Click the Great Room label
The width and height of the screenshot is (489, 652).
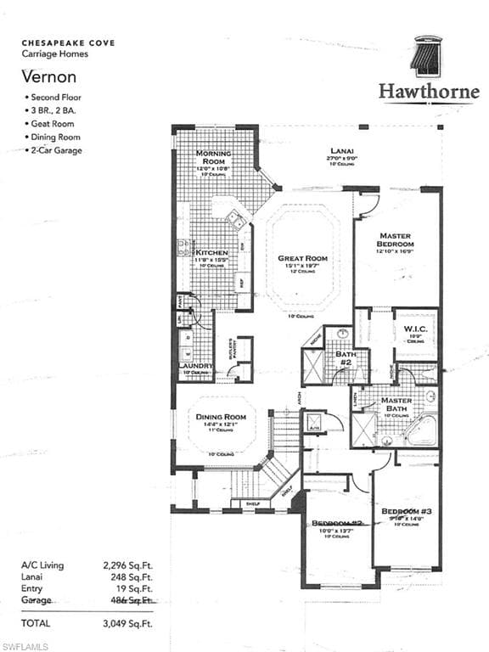point(302,258)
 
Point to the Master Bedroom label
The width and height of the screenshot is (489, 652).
point(395,240)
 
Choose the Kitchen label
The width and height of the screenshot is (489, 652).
point(211,253)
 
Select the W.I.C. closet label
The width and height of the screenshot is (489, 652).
point(415,329)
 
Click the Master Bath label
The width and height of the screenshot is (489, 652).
point(396,405)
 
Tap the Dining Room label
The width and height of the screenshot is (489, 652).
point(221,417)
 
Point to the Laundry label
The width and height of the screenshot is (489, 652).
point(194,366)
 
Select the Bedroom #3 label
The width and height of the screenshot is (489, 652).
point(407,511)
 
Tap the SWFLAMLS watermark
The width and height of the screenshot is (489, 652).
point(25,646)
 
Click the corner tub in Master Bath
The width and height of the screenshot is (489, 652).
point(421,430)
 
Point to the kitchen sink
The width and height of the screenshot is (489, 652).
point(237,222)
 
